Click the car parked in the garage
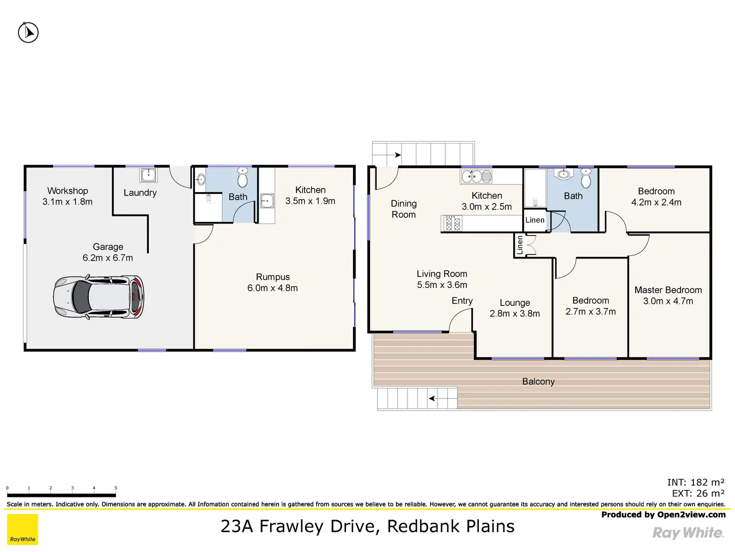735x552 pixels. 98,297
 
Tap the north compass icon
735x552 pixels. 28,32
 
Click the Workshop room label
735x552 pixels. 67,191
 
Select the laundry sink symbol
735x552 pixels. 148,175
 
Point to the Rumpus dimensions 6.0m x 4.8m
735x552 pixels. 273,288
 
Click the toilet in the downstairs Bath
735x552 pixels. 243,177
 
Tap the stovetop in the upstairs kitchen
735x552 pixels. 453,223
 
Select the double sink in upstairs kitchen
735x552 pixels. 476,176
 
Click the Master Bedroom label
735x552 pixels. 668,290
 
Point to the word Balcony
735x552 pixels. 538,381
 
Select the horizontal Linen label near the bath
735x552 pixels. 535,220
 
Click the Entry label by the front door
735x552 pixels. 462,300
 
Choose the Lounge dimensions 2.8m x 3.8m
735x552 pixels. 514,313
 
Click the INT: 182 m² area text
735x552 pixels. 696,482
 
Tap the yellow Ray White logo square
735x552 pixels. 22,529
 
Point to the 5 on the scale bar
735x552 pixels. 116,488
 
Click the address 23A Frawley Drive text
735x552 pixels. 367,526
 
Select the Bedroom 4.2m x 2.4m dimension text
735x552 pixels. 656,202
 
